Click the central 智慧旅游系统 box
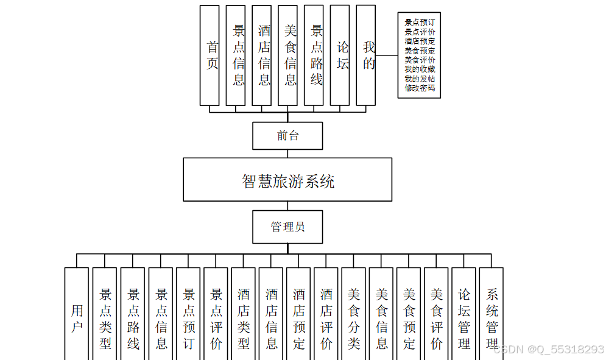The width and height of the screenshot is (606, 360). tap(287, 180)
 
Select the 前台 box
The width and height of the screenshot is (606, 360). tap(287, 136)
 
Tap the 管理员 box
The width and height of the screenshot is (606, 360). tap(287, 227)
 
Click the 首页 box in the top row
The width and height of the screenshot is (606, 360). tap(210, 55)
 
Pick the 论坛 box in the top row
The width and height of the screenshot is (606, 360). tap(340, 55)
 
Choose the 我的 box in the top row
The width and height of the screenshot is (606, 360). tap(365, 55)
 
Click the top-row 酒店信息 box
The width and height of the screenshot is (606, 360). tap(262, 55)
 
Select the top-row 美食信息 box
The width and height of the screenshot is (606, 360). tap(287, 55)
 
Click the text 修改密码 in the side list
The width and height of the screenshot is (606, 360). tap(420, 88)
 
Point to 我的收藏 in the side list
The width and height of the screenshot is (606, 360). tap(420, 69)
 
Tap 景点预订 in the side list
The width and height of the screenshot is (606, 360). tap(420, 22)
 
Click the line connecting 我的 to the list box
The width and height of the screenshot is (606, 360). tap(386, 55)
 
